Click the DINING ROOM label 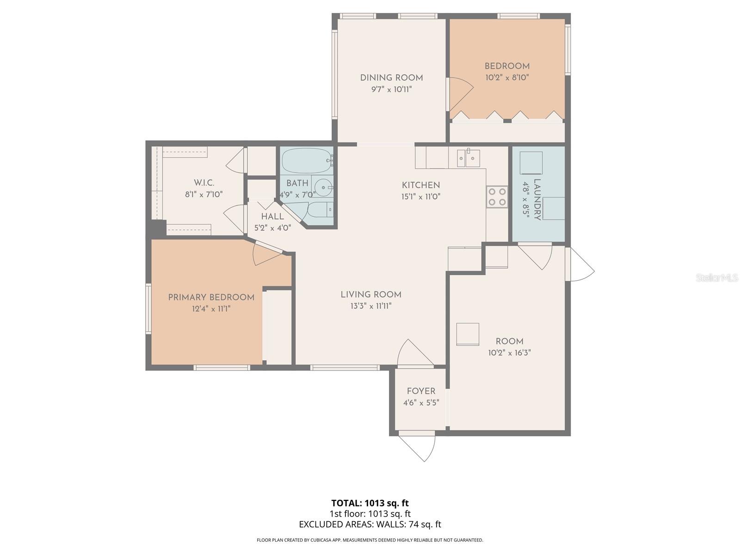(391, 78)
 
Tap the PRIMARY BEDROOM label (211, 297)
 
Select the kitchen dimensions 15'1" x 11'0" (421, 197)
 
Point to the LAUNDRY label (537, 199)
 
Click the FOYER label (421, 391)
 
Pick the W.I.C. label (204, 183)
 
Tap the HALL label (272, 216)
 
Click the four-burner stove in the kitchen (497, 197)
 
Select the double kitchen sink (469, 158)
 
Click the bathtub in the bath (307, 161)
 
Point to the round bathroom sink (323, 187)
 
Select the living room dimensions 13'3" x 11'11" (371, 306)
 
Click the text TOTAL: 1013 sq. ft (370, 503)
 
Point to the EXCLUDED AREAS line (370, 524)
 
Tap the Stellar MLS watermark (716, 277)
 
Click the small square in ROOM (468, 334)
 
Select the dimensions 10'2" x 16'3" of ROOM (509, 353)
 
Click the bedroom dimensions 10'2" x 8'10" (507, 78)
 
